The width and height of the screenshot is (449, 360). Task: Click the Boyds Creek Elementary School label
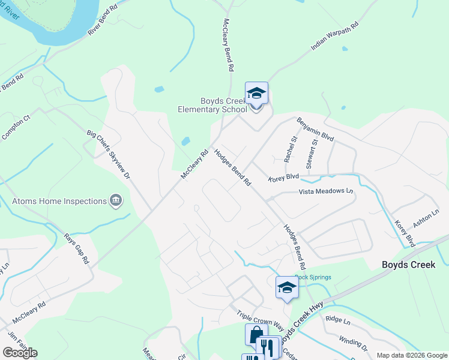[212, 106]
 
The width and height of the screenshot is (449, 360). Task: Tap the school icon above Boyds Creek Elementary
[256, 94]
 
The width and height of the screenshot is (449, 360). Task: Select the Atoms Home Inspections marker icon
[116, 201]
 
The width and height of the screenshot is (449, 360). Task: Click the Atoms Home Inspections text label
[59, 201]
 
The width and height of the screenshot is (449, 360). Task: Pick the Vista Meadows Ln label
[326, 191]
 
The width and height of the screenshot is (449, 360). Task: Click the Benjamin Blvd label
[315, 129]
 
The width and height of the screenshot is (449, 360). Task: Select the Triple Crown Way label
[260, 319]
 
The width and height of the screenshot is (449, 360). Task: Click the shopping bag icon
[256, 334]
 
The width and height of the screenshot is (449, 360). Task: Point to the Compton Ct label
[15, 127]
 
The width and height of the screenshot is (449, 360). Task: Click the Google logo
[20, 353]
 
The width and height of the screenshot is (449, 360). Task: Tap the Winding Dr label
[353, 343]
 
